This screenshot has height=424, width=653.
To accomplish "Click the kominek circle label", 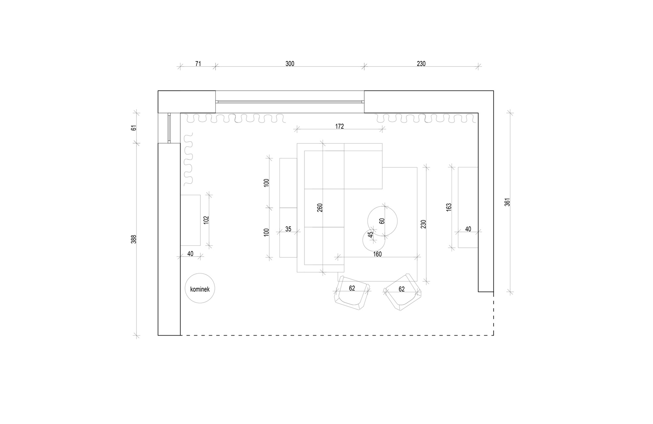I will (199, 288).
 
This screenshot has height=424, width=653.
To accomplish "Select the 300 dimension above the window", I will (290, 64).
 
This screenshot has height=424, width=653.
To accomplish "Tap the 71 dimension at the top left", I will (198, 64).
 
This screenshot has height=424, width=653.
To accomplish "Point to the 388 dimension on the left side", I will (134, 239).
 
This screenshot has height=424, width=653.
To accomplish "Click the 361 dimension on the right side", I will (507, 202).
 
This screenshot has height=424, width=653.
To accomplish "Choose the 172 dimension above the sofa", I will (340, 126).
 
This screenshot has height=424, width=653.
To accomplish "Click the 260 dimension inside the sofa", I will (320, 208).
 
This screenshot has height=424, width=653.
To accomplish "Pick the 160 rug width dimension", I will (377, 254).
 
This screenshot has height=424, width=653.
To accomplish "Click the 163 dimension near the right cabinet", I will (449, 207).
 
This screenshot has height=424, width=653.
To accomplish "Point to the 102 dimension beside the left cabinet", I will (206, 220).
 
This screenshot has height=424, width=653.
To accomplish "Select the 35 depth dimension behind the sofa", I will (288, 229).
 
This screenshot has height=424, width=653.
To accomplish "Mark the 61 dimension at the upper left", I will (134, 128).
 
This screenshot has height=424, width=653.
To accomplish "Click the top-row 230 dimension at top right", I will (421, 64).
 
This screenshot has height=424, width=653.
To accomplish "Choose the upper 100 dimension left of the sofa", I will (267, 183).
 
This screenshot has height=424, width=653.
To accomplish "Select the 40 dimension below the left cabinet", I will (190, 254).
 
